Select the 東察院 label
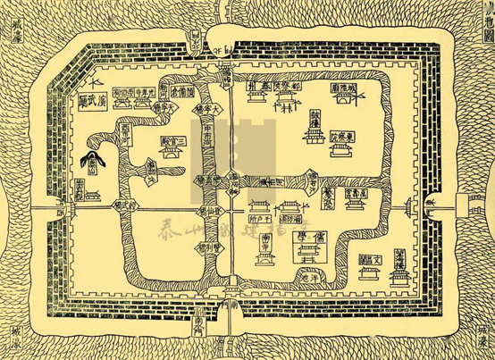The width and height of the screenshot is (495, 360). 344,138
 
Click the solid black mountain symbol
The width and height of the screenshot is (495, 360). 92,161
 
